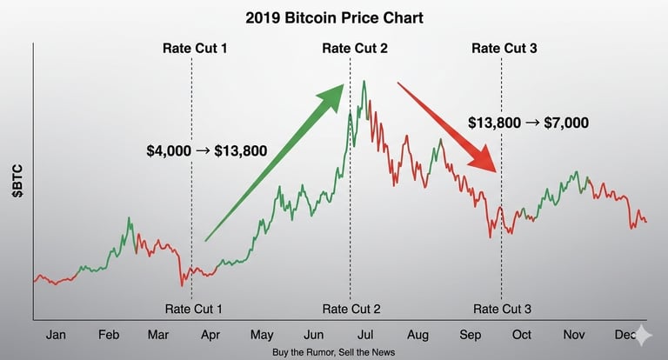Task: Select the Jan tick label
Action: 55,335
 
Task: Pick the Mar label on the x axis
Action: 159,335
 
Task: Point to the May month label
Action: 262,335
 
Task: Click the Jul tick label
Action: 365,335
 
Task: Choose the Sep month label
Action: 470,335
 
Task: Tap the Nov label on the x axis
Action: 573,335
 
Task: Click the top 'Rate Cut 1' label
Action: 194,48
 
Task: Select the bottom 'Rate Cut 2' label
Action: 351,309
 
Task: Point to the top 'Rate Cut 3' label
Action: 504,48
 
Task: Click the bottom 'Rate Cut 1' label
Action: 194,309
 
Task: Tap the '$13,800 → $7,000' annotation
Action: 528,123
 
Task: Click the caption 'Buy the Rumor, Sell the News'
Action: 334,352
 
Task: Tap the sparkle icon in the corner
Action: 645,337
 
